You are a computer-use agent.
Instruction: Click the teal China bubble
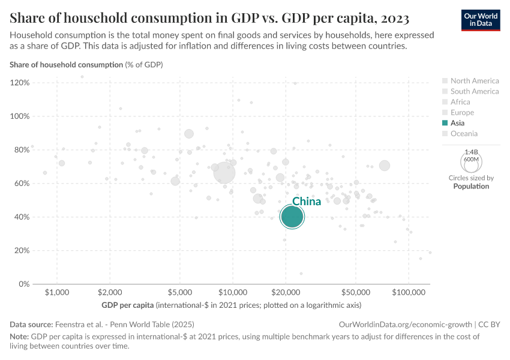tap(292, 217)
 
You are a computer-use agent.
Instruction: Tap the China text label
tap(307, 202)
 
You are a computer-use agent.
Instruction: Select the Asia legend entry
tap(457, 123)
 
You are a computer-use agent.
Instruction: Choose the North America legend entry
tap(474, 81)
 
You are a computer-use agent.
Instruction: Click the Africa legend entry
tap(461, 102)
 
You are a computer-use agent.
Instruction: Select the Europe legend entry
tap(462, 113)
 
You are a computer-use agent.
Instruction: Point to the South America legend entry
tap(474, 92)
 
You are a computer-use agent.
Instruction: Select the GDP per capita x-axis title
tap(128, 305)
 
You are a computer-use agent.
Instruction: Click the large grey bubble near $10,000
tap(224, 173)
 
